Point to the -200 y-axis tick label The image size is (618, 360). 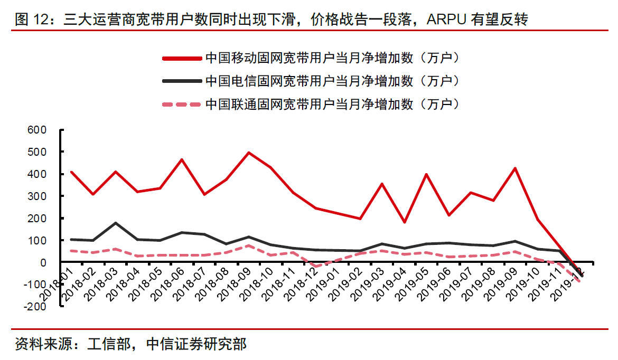[34, 307]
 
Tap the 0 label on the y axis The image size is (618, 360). [44, 262]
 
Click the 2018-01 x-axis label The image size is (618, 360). [60, 286]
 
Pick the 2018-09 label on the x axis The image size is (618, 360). [238, 286]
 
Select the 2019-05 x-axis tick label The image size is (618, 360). [417, 286]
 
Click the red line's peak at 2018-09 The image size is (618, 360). [249, 153]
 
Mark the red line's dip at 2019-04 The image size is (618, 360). [405, 222]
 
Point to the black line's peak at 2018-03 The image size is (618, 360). [115, 223]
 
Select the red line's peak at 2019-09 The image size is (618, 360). [516, 168]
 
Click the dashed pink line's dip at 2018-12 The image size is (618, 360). [315, 267]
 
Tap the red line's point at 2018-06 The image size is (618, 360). [182, 159]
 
